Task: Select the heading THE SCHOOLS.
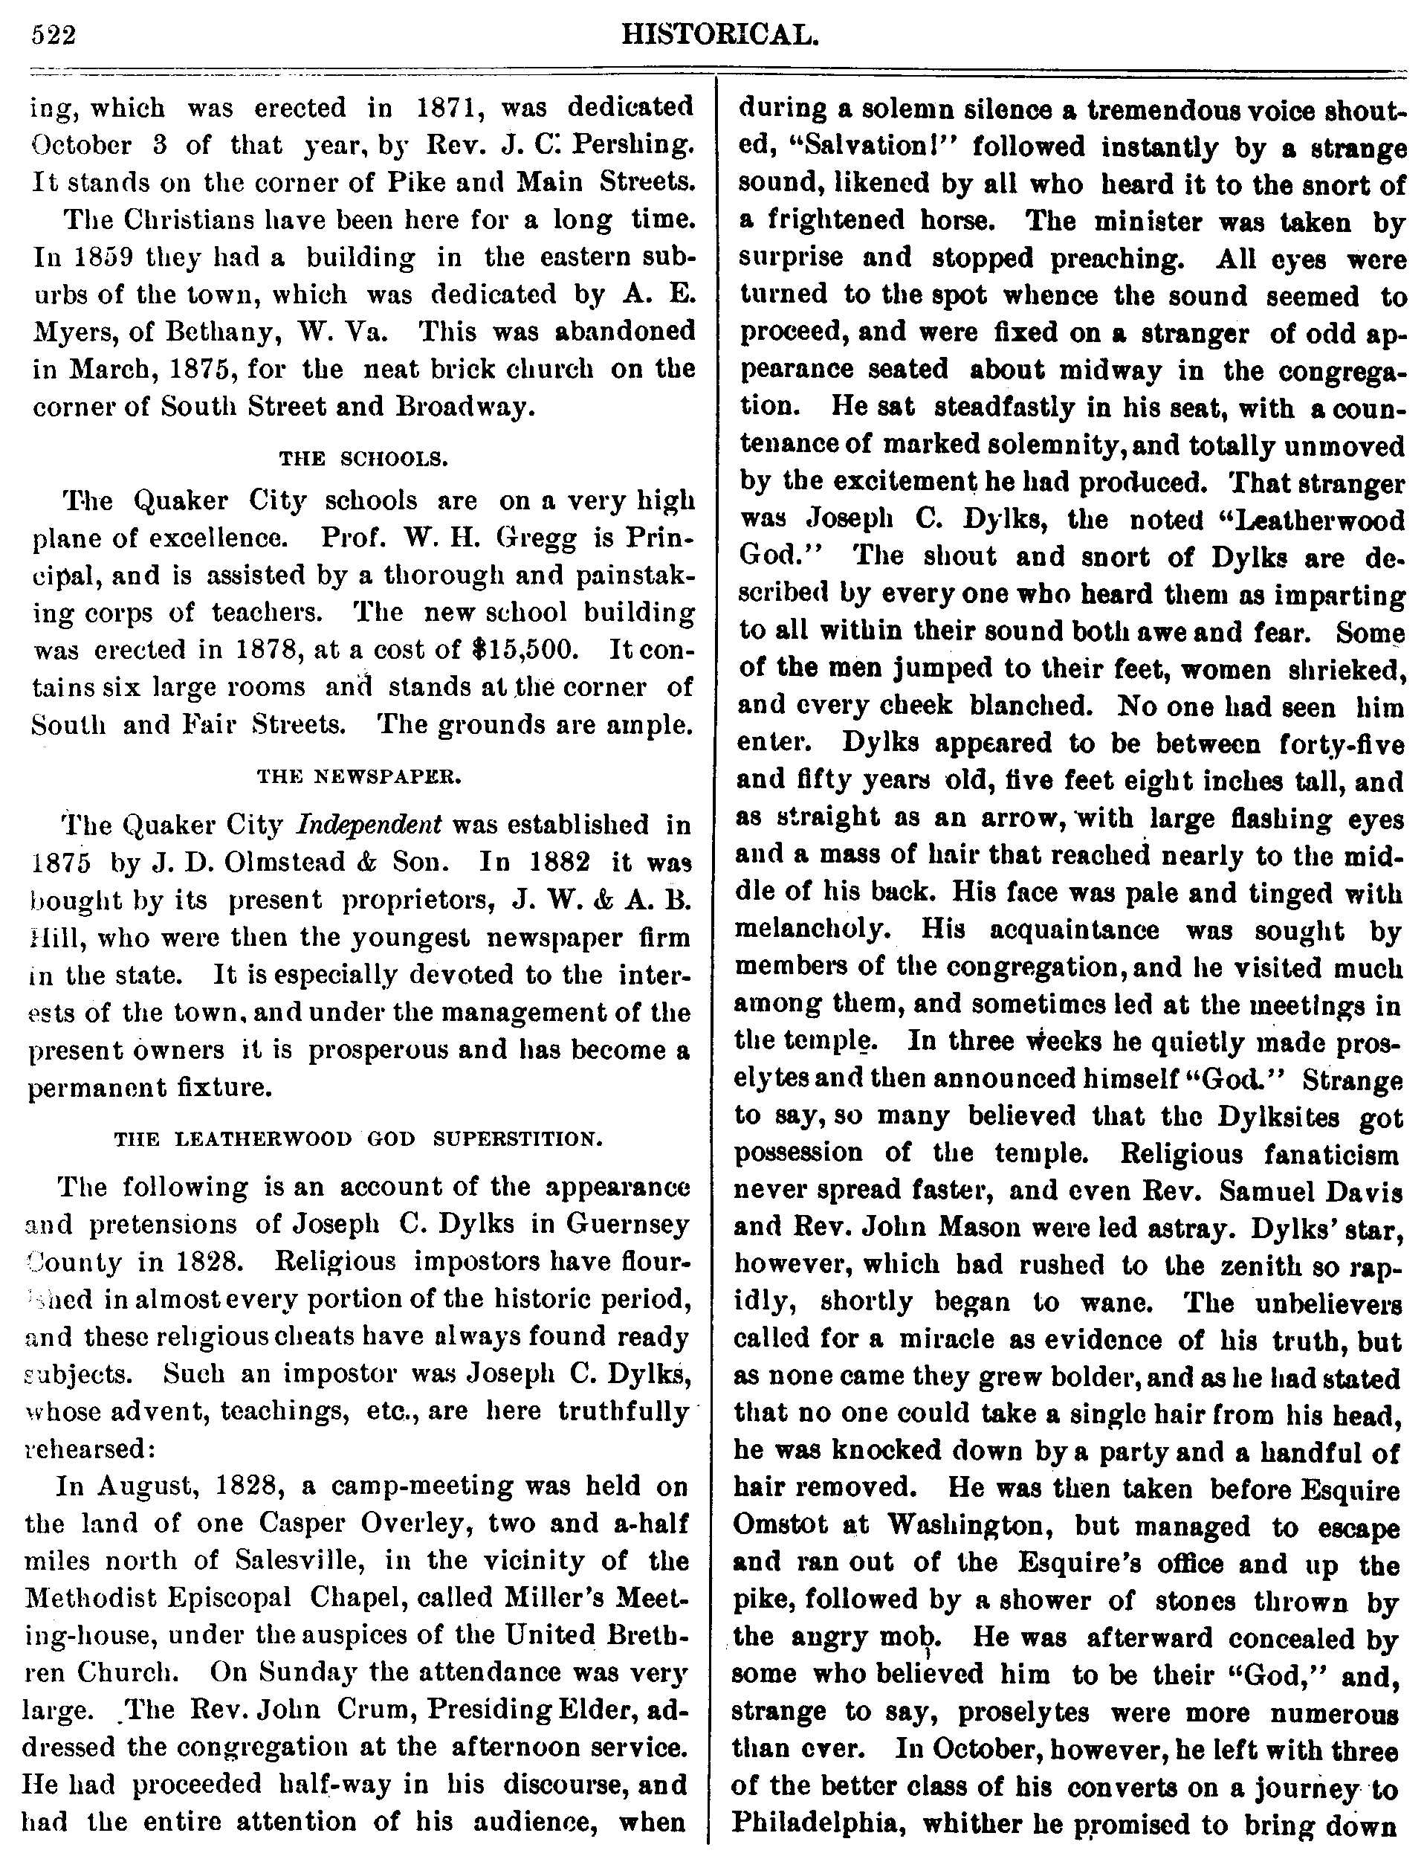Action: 363,460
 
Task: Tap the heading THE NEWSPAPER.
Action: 359,776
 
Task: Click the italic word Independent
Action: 369,824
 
